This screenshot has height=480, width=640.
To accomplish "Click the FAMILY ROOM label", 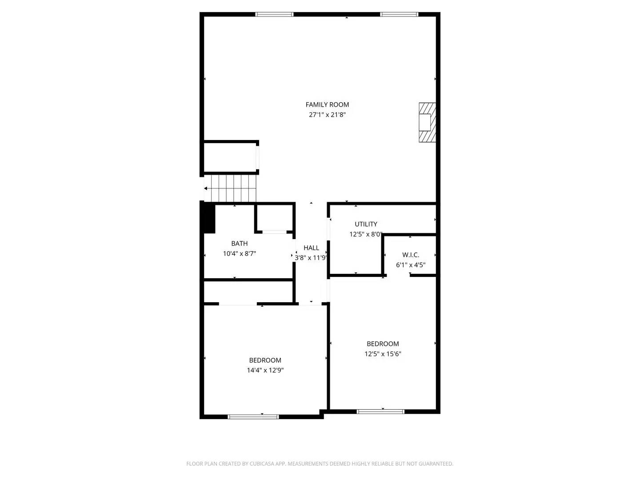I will (x=327, y=104).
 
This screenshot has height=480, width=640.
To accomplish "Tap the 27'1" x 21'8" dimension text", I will (x=327, y=115).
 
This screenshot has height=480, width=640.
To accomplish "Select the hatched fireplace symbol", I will (x=427, y=122).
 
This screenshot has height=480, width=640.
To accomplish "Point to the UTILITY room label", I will (x=366, y=224).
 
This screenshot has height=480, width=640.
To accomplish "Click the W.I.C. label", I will (x=411, y=255).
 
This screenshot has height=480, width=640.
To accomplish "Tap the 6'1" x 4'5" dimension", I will (x=411, y=265).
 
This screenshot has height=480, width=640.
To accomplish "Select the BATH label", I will (x=239, y=244).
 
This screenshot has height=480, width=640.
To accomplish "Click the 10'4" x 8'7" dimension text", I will (x=239, y=254).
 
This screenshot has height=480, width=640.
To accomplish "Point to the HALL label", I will (x=311, y=248).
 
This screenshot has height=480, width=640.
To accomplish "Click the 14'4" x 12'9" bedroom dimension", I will (x=265, y=370).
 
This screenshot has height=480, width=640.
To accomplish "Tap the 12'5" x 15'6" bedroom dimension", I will (x=383, y=354).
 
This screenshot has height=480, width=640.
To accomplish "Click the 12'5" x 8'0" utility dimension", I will (x=366, y=234).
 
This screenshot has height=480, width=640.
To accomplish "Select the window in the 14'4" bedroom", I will (x=253, y=416).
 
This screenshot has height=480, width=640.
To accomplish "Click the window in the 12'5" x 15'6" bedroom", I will (x=380, y=411).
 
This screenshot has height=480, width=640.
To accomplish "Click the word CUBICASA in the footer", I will (x=262, y=464).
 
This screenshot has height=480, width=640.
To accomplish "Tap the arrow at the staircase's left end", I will (x=205, y=188).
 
